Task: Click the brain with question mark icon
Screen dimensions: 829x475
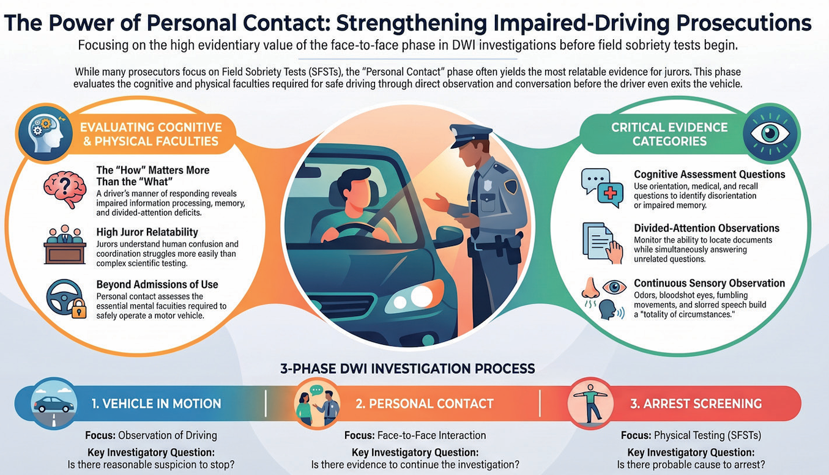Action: pos(65,190)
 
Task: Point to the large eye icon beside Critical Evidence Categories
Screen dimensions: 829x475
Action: pos(770,133)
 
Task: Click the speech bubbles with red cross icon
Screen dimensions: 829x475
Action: pos(602,188)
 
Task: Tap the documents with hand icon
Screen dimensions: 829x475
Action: pos(602,243)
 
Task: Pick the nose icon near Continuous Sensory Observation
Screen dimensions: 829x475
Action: pos(590,287)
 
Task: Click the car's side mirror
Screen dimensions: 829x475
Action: pos(448,236)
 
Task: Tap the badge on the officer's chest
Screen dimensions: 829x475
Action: pos(488,185)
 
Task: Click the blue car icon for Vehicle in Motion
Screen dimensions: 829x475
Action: pos(54,404)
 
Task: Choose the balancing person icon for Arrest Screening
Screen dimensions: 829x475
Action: pos(590,403)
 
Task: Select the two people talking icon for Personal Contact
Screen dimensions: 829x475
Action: pos(316,405)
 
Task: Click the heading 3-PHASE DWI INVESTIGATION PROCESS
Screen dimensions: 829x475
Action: pos(407,369)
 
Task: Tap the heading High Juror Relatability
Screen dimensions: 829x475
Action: pos(147,232)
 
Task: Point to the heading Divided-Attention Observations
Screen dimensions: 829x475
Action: pos(707,228)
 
